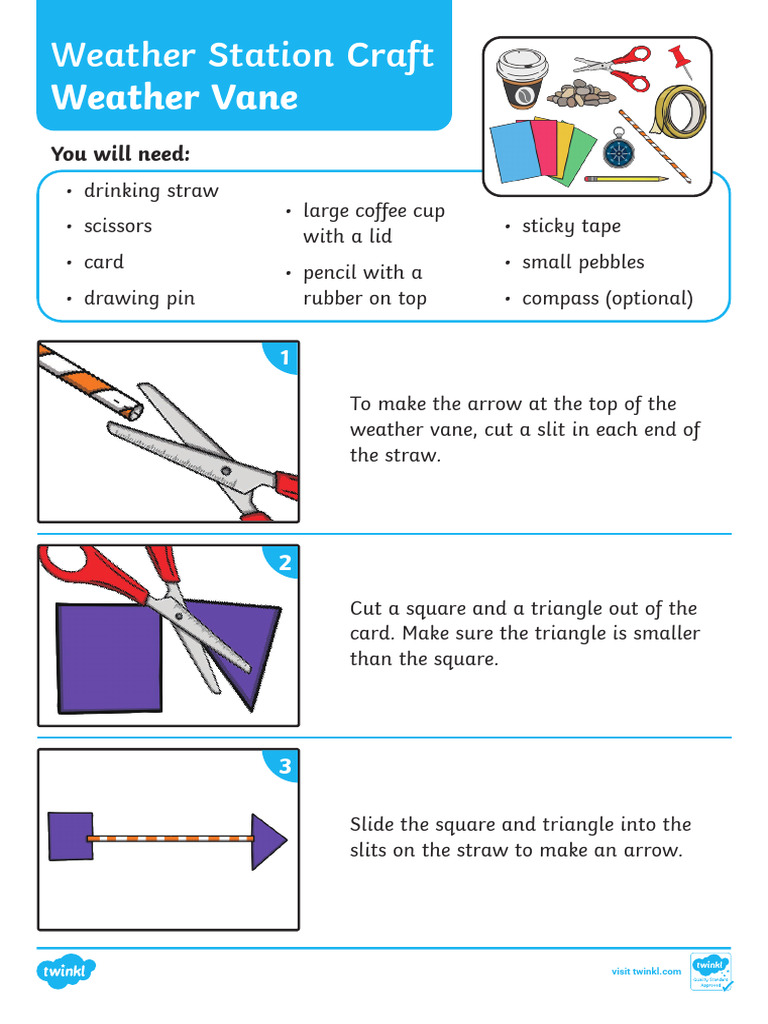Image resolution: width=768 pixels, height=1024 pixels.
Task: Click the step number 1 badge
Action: (x=284, y=358)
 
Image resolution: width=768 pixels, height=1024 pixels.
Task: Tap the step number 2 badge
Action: (x=285, y=563)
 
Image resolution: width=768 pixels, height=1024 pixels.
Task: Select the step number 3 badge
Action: (x=285, y=767)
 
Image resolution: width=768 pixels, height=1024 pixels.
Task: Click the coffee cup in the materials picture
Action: (x=518, y=79)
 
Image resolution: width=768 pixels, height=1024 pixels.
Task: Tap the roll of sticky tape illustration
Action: (x=678, y=110)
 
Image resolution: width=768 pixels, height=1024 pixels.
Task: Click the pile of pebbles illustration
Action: (x=581, y=94)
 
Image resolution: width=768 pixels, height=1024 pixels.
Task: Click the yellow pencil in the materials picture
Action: (x=626, y=179)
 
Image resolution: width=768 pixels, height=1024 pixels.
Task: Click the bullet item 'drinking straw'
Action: (x=151, y=190)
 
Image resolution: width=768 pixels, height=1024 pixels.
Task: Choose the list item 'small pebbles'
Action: (x=583, y=262)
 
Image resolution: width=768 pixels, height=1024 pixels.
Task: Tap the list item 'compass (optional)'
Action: (x=607, y=298)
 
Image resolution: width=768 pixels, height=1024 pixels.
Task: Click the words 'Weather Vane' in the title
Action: (x=175, y=97)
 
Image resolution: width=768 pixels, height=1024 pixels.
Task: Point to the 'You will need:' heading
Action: (x=120, y=154)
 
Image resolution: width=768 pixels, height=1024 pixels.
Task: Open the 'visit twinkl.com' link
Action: (x=646, y=971)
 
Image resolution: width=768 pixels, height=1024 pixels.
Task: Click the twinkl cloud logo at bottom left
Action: (x=67, y=971)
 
